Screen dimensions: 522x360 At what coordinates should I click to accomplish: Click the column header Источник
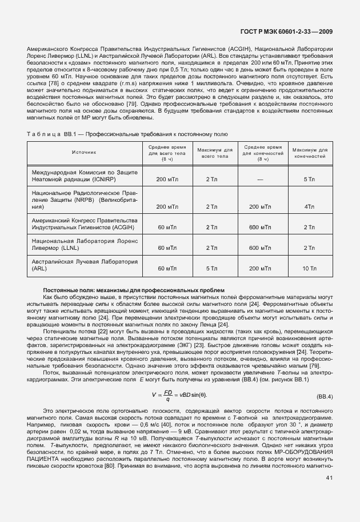(x=84, y=153)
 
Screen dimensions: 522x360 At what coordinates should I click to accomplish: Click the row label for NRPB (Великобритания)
(x=84, y=201)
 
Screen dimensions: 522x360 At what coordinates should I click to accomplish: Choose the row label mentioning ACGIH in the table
(x=84, y=224)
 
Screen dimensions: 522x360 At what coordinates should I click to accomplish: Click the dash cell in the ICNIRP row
(x=260, y=180)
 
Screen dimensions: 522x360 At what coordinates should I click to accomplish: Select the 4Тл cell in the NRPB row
(x=309, y=206)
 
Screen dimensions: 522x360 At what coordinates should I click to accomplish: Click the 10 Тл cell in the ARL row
(x=309, y=268)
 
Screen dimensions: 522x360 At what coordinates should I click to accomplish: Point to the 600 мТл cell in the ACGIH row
(x=260, y=228)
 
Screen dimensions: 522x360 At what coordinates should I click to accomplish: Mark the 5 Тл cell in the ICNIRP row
(x=309, y=180)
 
